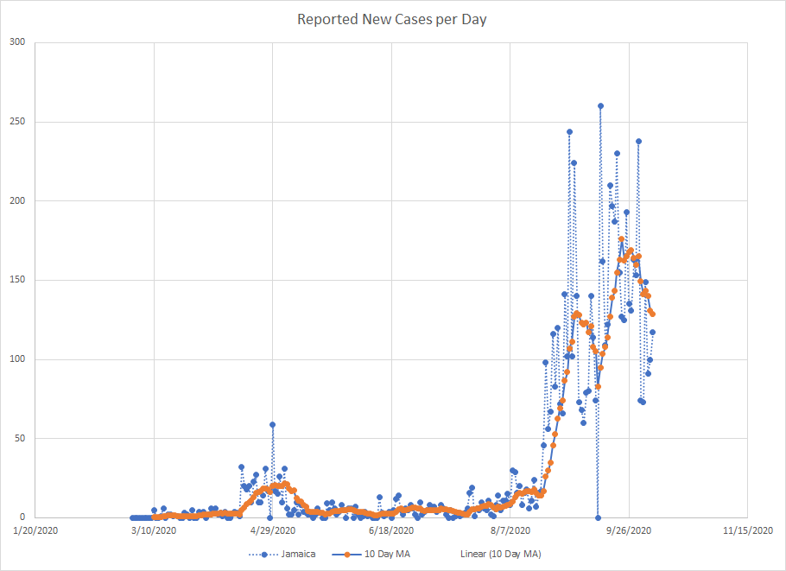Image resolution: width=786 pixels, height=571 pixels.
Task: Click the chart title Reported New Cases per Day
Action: pos(392,19)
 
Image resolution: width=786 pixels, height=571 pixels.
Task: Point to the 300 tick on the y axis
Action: pos(17,42)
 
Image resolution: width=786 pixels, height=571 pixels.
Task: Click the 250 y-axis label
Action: pos(17,122)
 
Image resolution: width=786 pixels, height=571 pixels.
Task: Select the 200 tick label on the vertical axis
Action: pos(17,200)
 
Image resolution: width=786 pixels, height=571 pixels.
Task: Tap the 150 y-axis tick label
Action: pos(17,280)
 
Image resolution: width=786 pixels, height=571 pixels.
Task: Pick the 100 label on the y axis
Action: pos(17,359)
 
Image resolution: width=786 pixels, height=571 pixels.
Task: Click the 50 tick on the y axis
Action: pos(20,438)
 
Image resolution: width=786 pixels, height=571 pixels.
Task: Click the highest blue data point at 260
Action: pos(600,106)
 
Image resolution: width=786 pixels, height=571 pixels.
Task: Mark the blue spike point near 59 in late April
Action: pos(272,424)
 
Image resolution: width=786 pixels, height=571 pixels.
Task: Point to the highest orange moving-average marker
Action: pos(621,239)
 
